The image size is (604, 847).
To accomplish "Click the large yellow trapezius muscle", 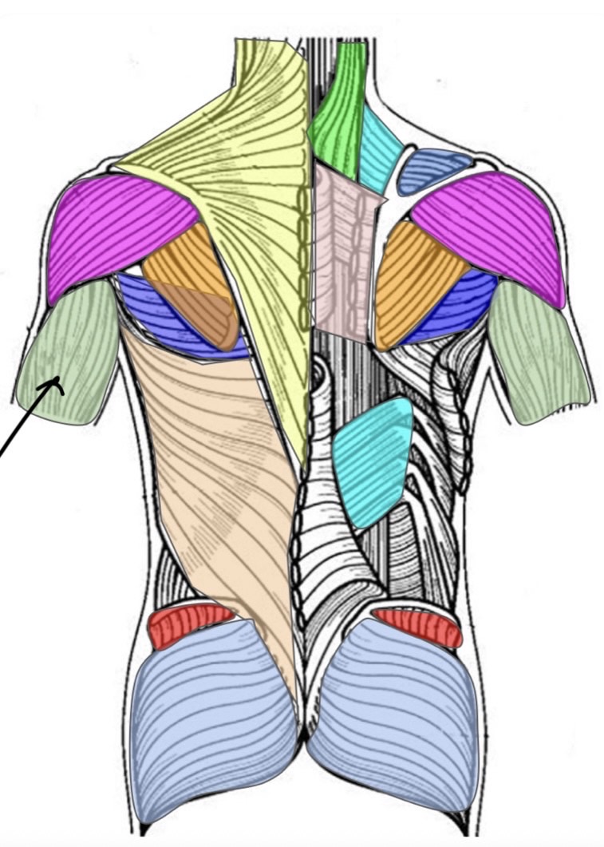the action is [239, 184].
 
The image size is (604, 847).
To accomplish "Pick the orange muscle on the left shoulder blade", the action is [191, 275].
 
